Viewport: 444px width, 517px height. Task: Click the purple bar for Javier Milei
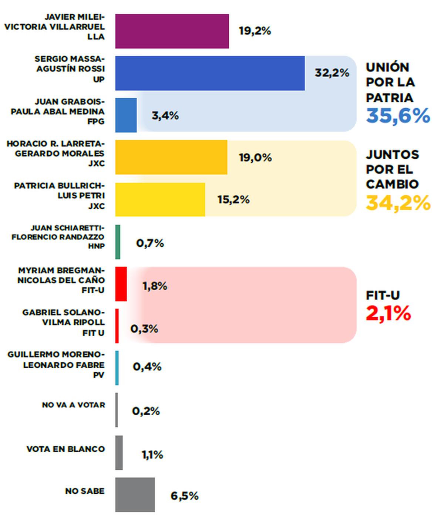point(172,31)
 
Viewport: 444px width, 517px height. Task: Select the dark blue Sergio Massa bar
point(210,73)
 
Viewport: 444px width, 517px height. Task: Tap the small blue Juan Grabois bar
point(126,115)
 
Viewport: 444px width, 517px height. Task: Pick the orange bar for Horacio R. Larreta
point(171,157)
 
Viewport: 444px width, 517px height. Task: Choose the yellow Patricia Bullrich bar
point(160,199)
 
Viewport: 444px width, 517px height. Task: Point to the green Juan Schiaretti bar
point(118,242)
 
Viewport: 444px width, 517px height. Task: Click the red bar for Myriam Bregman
point(121,284)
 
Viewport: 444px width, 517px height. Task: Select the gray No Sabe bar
point(135,494)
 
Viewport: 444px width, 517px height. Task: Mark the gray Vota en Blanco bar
point(119,453)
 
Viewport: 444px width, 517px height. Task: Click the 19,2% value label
point(255,31)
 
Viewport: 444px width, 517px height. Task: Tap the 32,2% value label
point(332,73)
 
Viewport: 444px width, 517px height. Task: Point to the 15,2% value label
point(233,200)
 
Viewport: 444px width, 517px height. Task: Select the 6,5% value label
point(184,496)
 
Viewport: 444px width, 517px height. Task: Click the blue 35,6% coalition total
point(398,115)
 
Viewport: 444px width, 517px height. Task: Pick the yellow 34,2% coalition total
point(398,203)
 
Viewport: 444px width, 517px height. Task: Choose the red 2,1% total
point(388,314)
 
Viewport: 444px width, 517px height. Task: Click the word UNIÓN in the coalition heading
point(387,67)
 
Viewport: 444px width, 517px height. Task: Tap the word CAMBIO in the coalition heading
point(392,184)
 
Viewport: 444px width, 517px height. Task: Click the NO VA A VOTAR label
point(73,405)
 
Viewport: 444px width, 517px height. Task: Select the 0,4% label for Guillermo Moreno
point(147,366)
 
